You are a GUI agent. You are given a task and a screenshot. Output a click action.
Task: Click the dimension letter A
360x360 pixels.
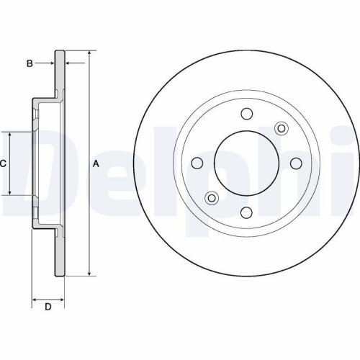click(96, 163)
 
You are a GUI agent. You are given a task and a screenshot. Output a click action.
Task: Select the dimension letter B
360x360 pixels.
click(30, 63)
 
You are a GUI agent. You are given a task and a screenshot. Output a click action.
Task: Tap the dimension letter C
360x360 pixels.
click(3, 163)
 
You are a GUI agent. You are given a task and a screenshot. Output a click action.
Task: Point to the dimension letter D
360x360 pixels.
click(48, 308)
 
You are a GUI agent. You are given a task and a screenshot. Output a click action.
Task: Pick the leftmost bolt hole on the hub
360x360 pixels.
click(197, 163)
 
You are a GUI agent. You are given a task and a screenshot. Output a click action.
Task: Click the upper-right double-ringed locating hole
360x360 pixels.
click(282, 127)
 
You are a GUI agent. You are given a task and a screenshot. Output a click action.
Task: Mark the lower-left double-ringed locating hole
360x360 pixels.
click(212, 197)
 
